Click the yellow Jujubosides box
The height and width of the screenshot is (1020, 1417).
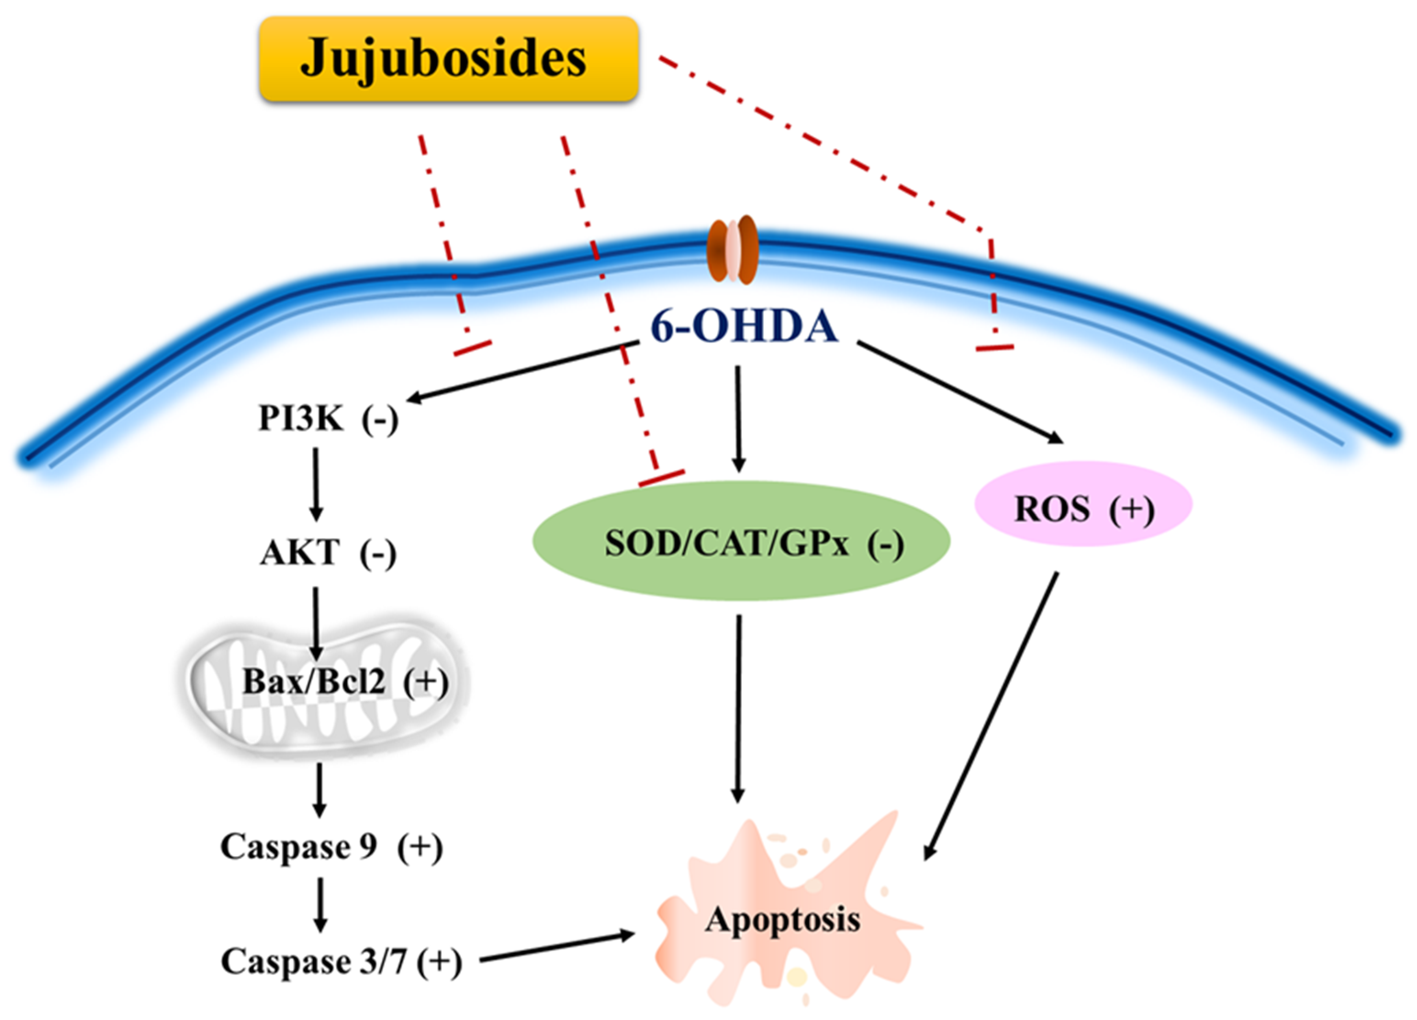[448, 59]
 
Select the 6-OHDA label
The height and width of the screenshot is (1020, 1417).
[744, 326]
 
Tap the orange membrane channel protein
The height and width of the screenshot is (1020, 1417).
[732, 251]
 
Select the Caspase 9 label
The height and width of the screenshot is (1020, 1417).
[299, 847]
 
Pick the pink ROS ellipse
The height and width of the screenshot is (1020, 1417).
[1083, 504]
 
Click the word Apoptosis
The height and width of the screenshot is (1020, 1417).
[782, 920]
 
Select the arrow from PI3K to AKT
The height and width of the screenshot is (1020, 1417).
[316, 484]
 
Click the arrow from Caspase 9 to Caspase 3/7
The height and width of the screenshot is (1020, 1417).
[320, 904]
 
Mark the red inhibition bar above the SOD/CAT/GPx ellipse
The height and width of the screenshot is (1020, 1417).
[661, 478]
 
